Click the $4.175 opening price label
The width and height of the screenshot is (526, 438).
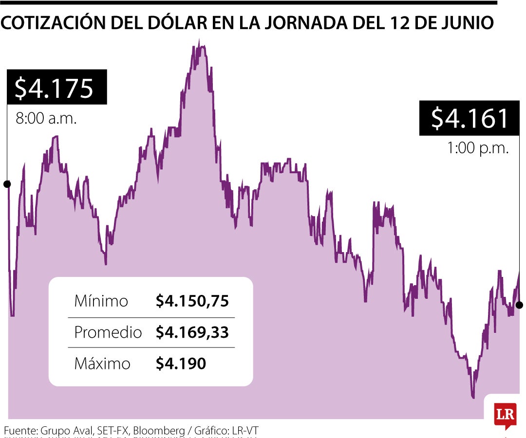pos(54,88)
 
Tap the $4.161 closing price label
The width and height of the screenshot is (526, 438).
pos(470,118)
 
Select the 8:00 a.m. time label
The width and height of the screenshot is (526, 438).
pos(46,119)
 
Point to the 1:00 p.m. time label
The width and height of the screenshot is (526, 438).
pos(478,148)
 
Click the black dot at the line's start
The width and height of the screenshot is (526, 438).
pos(7,184)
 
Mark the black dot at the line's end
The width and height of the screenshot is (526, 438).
pos(519,305)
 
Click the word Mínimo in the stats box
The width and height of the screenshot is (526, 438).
pos(101,301)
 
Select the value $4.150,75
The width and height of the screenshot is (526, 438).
pos(192,301)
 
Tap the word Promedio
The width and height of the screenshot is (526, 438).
pos(108,332)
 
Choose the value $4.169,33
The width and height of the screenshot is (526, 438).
pos(192,332)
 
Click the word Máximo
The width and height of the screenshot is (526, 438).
pos(102,364)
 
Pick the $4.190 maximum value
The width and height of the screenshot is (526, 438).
pos(181,364)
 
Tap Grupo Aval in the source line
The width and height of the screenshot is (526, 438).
pos(66,431)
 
